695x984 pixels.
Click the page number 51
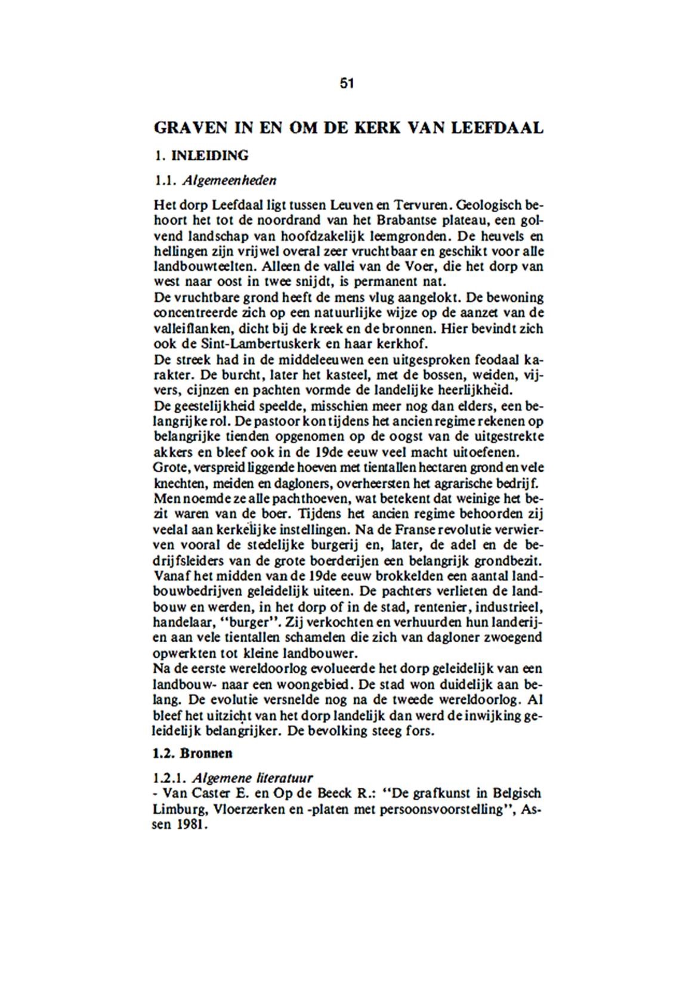click(347, 83)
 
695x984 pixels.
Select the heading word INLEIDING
click(210, 156)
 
